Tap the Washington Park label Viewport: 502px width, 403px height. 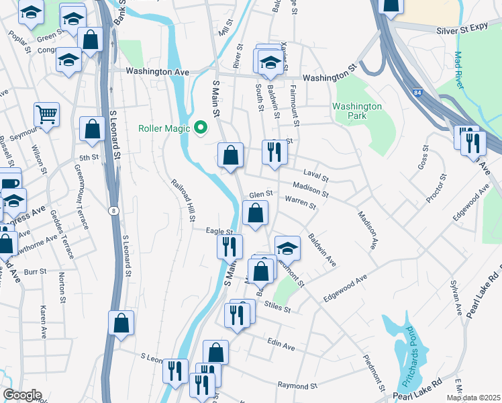[357, 111]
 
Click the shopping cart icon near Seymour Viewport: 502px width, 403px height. [46, 115]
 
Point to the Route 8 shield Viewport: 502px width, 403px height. [113, 210]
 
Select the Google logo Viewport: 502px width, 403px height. [23, 395]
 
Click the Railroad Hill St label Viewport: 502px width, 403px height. [183, 200]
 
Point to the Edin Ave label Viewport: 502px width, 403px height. [281, 345]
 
